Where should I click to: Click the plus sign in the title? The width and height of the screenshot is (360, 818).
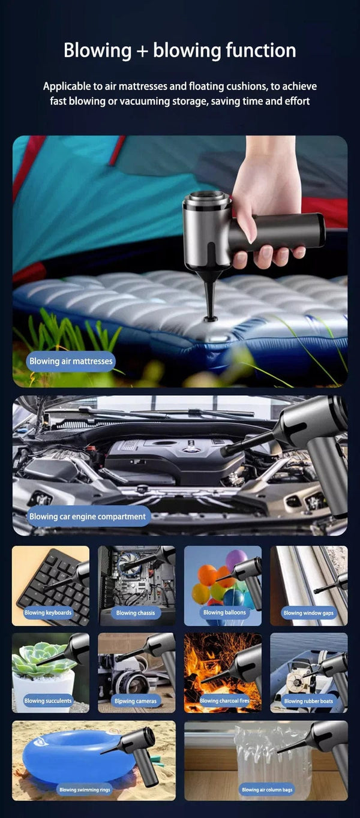click(x=142, y=51)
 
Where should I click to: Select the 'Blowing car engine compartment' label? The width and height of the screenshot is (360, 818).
click(x=88, y=516)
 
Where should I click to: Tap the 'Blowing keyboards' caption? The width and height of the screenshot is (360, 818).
click(x=48, y=613)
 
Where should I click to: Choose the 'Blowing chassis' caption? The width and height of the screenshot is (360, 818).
click(x=135, y=613)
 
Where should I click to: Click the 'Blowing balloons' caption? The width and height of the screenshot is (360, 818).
click(x=224, y=613)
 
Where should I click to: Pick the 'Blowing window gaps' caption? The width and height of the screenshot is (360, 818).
click(x=308, y=613)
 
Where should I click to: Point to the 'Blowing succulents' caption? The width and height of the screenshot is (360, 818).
click(x=48, y=700)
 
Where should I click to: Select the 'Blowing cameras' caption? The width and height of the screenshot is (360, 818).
click(x=135, y=700)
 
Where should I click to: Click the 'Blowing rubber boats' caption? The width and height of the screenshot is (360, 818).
click(x=308, y=700)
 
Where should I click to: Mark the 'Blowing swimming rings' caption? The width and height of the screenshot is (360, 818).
click(x=85, y=790)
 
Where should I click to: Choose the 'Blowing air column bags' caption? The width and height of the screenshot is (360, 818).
click(x=268, y=790)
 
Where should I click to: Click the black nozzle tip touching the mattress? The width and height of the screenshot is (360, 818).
click(x=211, y=315)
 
